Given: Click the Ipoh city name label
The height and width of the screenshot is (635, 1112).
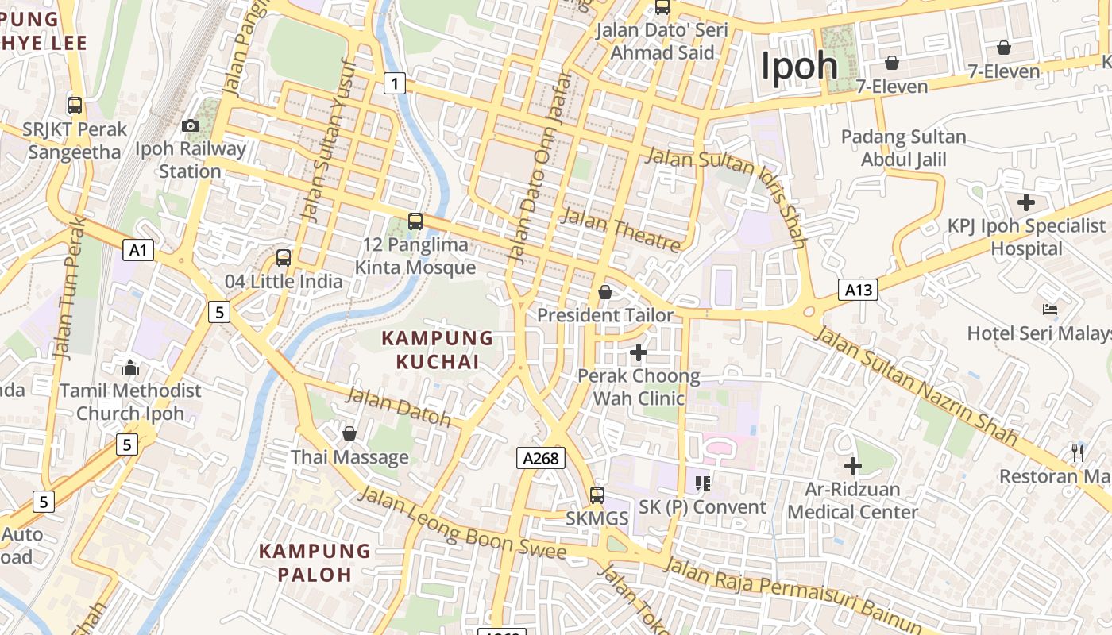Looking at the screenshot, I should coord(799,65).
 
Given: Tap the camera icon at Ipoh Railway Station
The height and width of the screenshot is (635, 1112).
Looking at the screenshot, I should coord(190,125).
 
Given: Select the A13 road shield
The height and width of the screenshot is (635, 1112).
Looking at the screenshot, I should coord(858,290).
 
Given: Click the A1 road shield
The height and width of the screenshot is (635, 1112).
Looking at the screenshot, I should coord(138,251).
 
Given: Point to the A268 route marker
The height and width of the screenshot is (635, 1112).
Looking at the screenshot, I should coord(542,457).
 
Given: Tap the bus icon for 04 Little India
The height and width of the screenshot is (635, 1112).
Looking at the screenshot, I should coord(284,258).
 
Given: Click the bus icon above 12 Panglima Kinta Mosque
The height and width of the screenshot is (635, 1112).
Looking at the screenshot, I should coord(415,221).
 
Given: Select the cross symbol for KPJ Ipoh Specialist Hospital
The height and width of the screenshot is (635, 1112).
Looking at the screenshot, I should coord(1025,202).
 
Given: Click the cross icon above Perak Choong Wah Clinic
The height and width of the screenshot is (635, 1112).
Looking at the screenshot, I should coord(638,352).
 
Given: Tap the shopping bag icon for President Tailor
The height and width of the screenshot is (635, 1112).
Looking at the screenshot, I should coord(605,292).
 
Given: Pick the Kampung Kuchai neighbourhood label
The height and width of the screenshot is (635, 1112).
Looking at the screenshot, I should coord(438,350).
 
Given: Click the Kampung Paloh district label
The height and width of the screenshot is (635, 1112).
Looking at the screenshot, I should coord(315,562).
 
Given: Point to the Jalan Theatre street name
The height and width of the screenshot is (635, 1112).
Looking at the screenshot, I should coord(621,231).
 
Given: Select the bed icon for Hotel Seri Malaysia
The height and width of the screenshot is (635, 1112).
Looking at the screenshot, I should coord(1049,310).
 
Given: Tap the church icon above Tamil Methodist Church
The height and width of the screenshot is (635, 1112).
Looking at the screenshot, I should coord(130,367).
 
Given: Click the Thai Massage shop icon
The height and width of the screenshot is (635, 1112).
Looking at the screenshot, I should coord(349,433).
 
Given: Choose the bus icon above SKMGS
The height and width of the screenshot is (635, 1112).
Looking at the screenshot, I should coord(597,495).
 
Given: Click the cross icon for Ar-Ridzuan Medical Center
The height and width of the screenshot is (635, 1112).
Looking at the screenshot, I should coord(852,466).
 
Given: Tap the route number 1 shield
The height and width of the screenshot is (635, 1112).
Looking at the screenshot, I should coord(395,83).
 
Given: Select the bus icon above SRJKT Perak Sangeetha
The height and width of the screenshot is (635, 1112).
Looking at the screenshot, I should coord(75,105).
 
